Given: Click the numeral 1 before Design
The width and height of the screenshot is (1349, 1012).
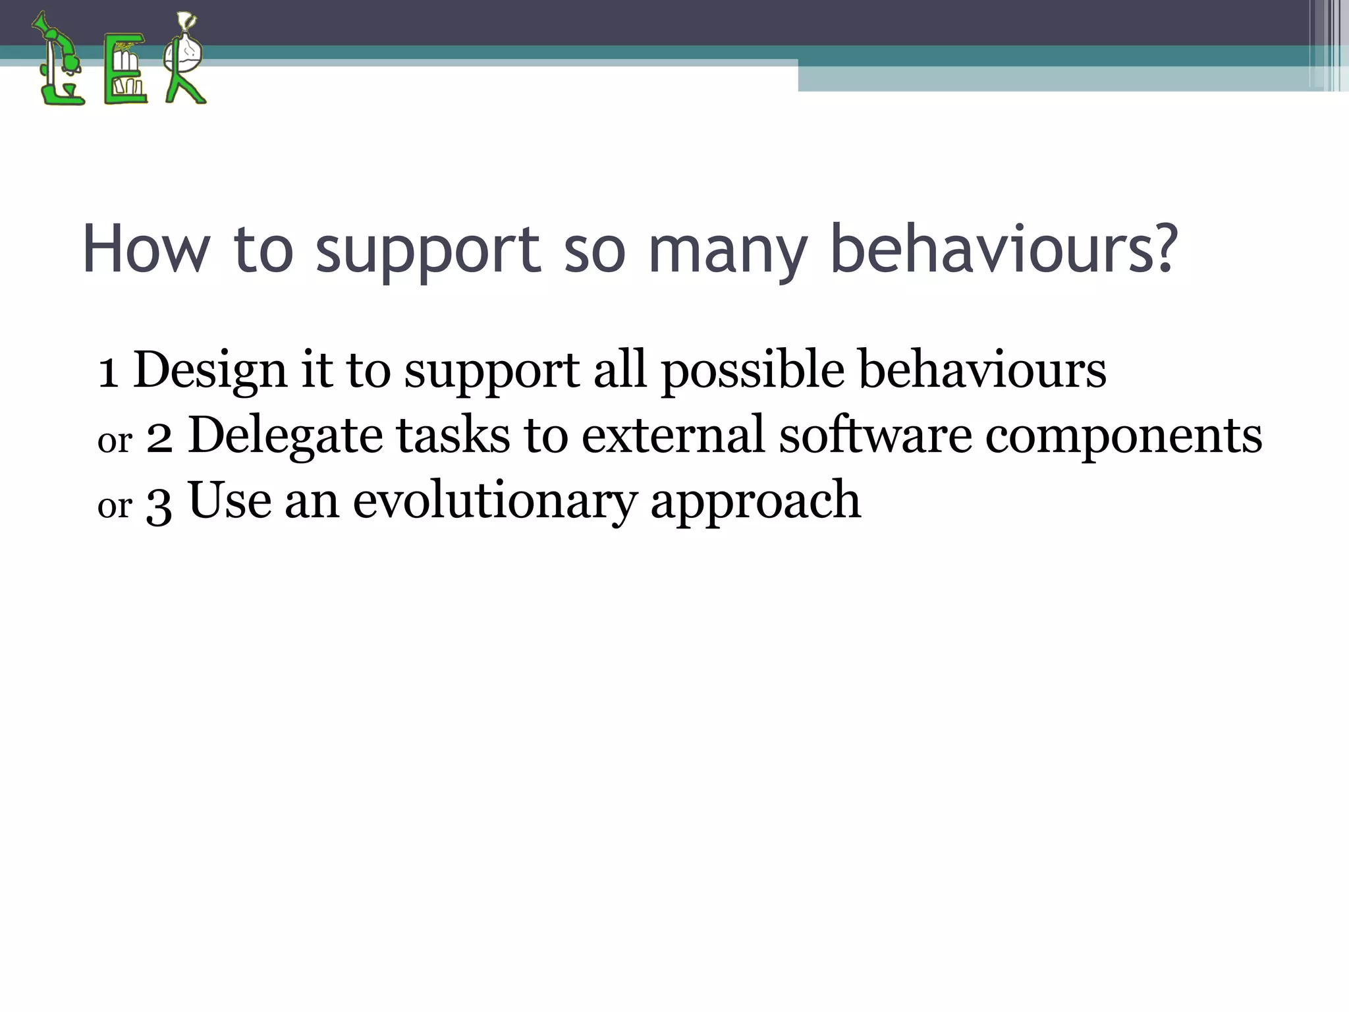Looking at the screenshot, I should click(x=108, y=372).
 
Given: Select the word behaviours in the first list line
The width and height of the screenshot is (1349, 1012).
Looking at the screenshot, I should click(x=982, y=370).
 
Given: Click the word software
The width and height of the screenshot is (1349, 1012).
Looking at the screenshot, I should click(x=875, y=435).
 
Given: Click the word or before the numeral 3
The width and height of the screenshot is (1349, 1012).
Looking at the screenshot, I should click(x=115, y=506).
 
